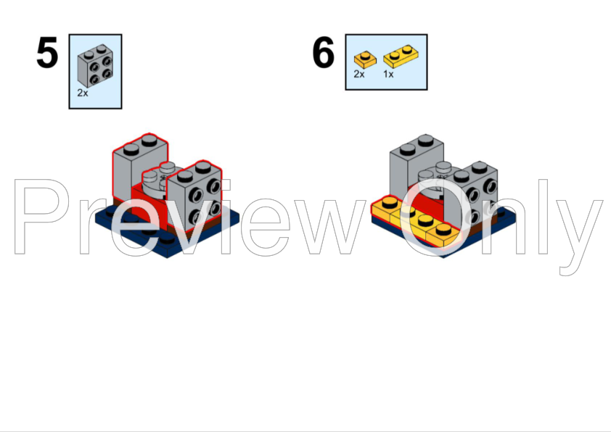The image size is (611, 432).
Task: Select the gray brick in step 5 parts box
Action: pos(95,67)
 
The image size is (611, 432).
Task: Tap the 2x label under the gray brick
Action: pos(82,93)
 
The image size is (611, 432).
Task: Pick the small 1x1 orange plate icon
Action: pos(364,57)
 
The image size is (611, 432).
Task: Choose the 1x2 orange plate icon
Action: pos(401,57)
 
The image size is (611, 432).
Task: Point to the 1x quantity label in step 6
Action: pos(388,74)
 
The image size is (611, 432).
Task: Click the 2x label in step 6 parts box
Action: pos(359,74)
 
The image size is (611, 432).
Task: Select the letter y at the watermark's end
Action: pos(581,232)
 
